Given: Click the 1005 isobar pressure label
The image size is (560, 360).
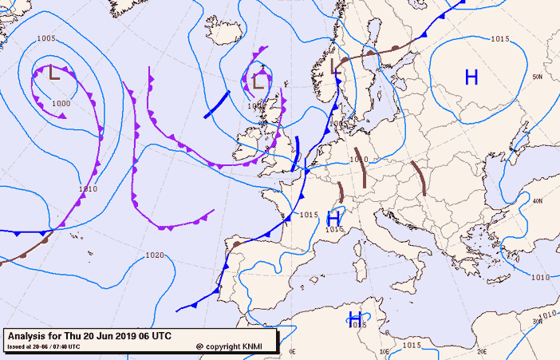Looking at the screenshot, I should (46, 39).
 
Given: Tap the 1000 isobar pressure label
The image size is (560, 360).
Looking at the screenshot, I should (61, 104).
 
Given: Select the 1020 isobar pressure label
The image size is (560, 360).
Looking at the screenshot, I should (155, 255).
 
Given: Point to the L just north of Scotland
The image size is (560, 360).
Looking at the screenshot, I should (258, 81).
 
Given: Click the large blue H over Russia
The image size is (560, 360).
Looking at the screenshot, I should (471, 77).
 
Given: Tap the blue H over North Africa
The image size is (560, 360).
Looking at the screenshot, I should (355, 318).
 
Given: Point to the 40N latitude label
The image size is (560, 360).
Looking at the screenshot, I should (538, 201).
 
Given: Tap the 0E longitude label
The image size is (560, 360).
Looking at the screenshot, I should (292, 351).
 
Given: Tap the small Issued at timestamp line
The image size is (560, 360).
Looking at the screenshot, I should (43, 346).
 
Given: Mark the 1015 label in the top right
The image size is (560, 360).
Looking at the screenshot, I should (500, 39).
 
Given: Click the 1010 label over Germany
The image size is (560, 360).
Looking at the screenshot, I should (358, 160).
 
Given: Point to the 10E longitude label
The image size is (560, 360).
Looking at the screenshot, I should (387, 351).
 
